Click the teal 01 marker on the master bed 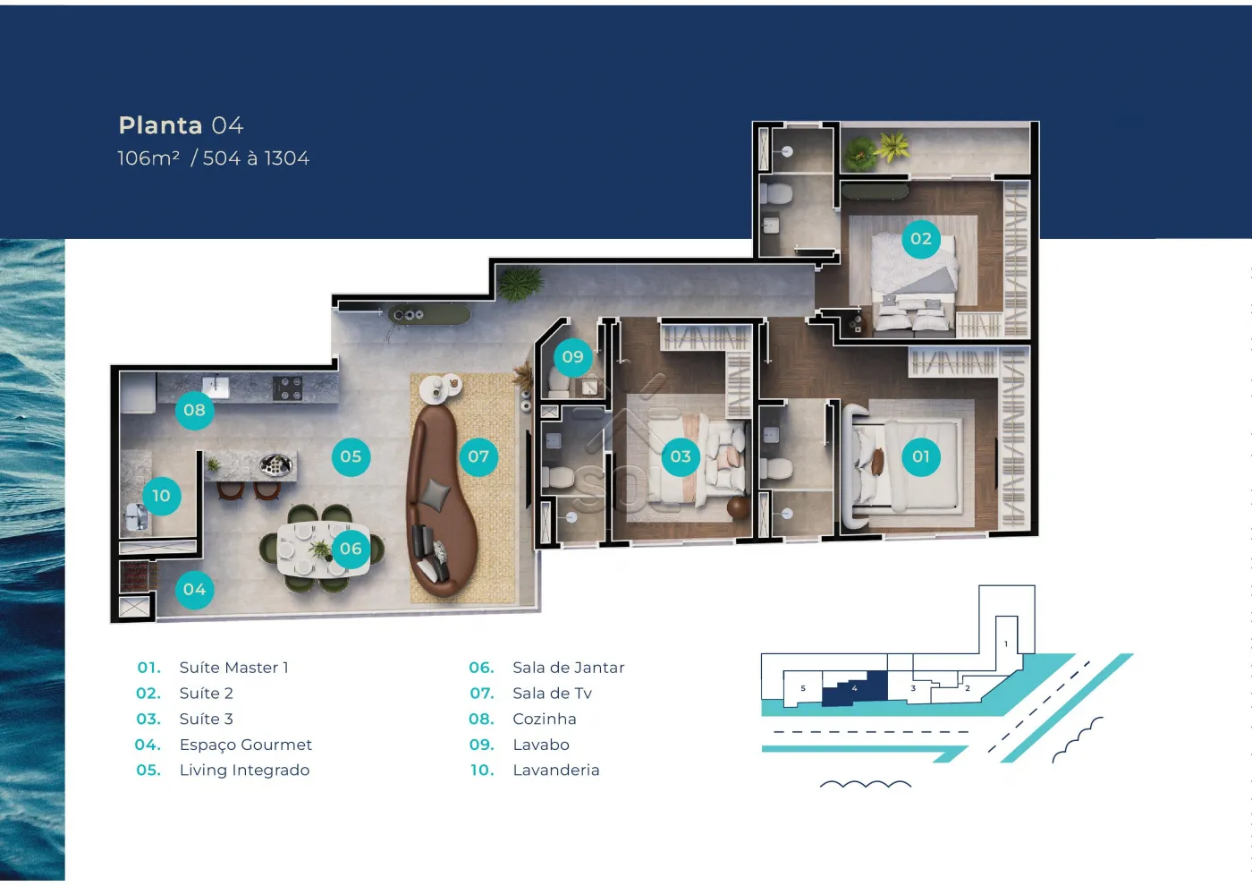click(x=920, y=456)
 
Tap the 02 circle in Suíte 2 click(x=920, y=239)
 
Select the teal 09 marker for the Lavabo click(x=572, y=356)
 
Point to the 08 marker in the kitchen click(x=194, y=410)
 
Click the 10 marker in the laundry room click(x=161, y=496)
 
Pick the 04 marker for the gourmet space click(x=194, y=589)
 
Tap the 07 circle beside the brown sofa click(x=478, y=456)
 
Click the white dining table click(x=323, y=549)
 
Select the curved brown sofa click(x=442, y=500)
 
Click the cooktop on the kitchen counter click(x=287, y=388)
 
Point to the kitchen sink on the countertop click(x=216, y=386)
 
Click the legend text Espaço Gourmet click(x=245, y=745)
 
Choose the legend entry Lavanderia click(x=556, y=771)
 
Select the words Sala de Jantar click(x=569, y=668)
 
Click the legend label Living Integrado click(x=244, y=771)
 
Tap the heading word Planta click(x=160, y=125)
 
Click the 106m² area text click(x=148, y=158)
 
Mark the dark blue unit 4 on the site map click(x=854, y=689)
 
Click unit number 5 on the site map click(x=803, y=688)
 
